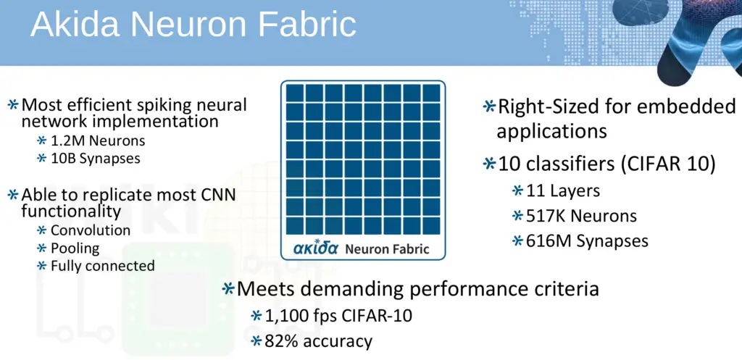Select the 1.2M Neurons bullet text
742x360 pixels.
[x=98, y=141]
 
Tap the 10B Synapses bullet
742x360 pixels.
[x=96, y=159]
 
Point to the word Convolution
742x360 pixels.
[x=91, y=230]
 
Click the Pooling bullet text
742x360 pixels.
[x=75, y=248]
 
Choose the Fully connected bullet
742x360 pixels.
[x=103, y=266]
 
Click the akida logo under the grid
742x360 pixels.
[x=315, y=248]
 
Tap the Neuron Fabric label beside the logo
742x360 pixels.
[x=387, y=249]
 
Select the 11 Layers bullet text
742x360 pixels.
[x=563, y=191]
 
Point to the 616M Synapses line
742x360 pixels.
[x=587, y=241]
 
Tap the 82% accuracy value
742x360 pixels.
[x=319, y=341]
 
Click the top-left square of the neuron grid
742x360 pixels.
[x=295, y=93]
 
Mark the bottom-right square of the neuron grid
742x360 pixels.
[x=431, y=225]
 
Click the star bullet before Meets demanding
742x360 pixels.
[x=228, y=288]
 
